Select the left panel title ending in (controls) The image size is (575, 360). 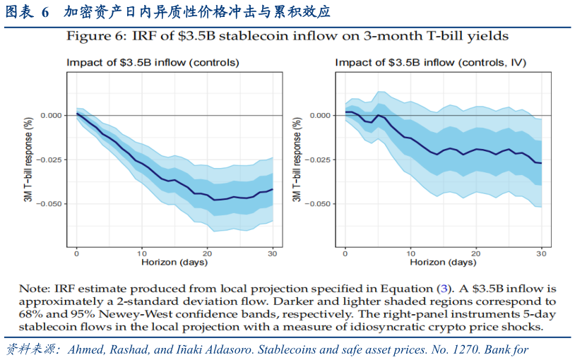[153, 62]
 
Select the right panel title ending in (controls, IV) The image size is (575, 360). [430, 62]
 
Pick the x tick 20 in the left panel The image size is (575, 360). [207, 252]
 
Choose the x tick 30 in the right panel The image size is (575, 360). [541, 252]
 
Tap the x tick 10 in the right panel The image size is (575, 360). [410, 252]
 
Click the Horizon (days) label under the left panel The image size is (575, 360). [174, 263]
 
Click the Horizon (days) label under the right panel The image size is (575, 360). [443, 263]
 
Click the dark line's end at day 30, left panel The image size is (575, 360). [273, 189]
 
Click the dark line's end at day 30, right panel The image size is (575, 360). [541, 163]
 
